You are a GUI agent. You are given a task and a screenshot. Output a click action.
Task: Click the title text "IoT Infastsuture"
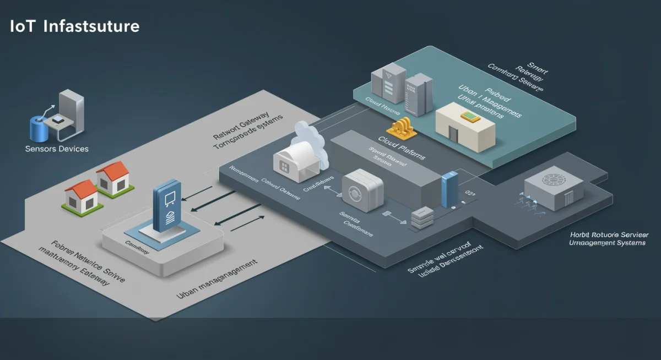pos(74,26)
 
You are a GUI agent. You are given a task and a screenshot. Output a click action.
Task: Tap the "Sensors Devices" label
pos(57,149)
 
